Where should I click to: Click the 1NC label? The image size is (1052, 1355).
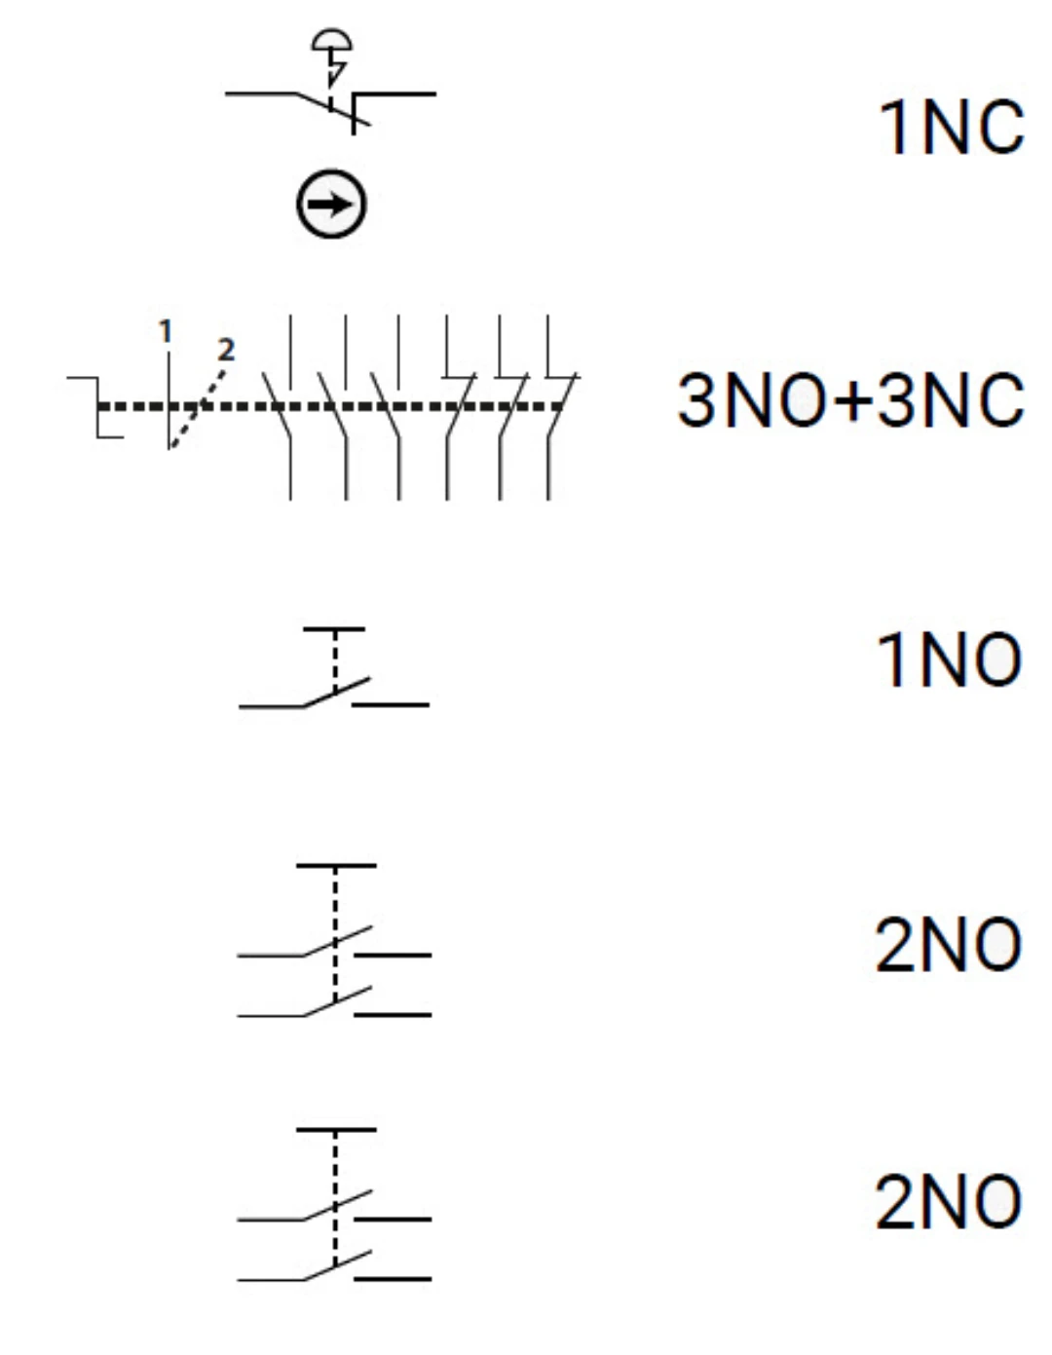951,128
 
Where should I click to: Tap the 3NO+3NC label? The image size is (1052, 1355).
850,400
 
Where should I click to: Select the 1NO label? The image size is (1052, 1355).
949,659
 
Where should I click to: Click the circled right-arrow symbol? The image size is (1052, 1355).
331,204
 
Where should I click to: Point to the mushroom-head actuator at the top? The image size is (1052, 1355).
331,40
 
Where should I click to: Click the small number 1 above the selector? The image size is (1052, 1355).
166,331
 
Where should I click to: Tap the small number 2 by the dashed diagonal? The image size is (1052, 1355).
226,350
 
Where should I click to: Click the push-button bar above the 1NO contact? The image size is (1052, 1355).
334,629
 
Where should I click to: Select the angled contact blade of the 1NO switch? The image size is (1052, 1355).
336,693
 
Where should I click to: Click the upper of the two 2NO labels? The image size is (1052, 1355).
949,945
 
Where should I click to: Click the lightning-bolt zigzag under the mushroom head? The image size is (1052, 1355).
335,69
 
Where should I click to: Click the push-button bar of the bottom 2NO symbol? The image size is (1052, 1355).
336,1129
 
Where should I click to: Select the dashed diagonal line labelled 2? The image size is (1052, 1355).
198,408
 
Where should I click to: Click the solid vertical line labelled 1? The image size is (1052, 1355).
169,400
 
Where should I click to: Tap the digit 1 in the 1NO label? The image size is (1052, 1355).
891,659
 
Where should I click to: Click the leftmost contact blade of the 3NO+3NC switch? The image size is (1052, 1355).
276,406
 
